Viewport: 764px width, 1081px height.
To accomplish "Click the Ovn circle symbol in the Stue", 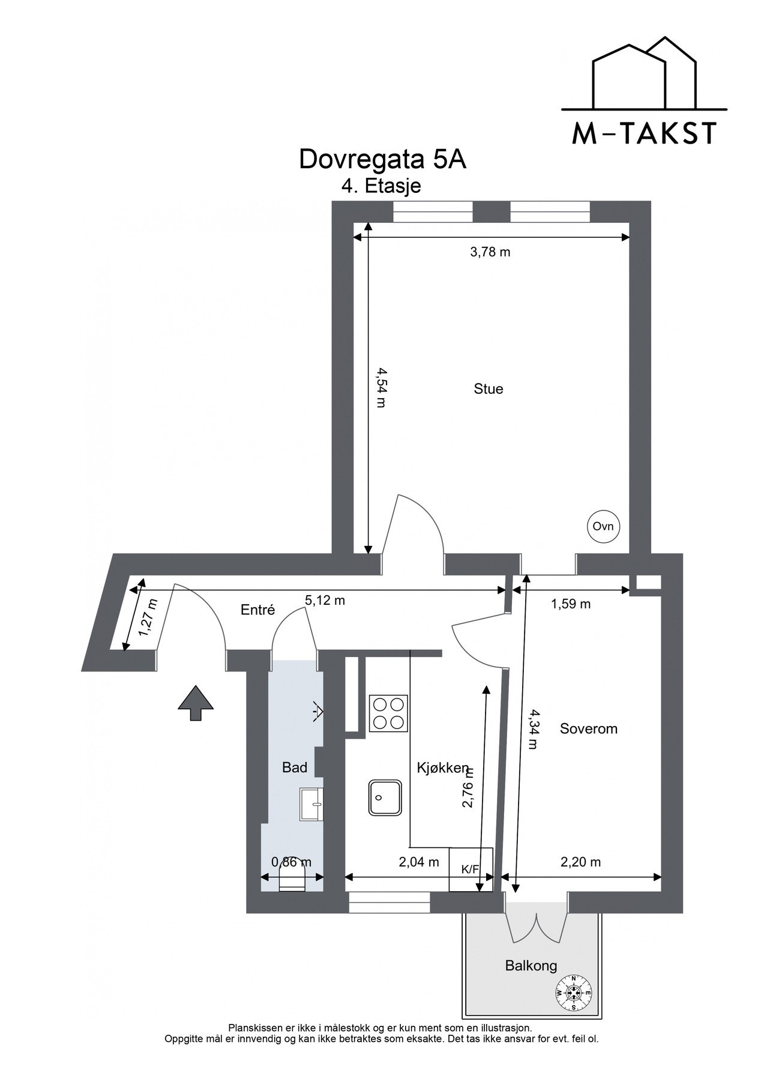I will coord(603,527).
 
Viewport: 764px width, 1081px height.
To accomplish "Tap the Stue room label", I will coord(488,389).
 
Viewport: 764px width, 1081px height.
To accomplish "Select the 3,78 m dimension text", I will coord(490,252).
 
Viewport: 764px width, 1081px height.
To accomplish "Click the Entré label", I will coord(257,610).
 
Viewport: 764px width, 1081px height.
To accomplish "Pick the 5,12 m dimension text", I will coord(325,600).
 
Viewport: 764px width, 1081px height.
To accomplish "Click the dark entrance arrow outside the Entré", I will coord(196,702).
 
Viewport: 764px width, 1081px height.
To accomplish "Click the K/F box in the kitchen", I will coord(471,870).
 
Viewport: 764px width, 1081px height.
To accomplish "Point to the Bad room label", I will coord(295,768).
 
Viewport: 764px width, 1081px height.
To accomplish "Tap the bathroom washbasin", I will coord(311,804).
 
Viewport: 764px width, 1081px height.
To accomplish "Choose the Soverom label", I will coord(588,729).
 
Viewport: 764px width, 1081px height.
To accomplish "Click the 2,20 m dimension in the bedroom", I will coord(580,862).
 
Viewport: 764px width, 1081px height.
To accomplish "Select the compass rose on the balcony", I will coord(574,993).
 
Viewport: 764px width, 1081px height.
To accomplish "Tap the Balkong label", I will coord(531,966).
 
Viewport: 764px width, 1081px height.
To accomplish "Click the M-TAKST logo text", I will coord(644,133).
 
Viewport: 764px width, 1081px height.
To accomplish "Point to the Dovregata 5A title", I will coord(382,160).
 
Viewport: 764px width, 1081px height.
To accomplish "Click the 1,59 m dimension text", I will coord(571,604).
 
